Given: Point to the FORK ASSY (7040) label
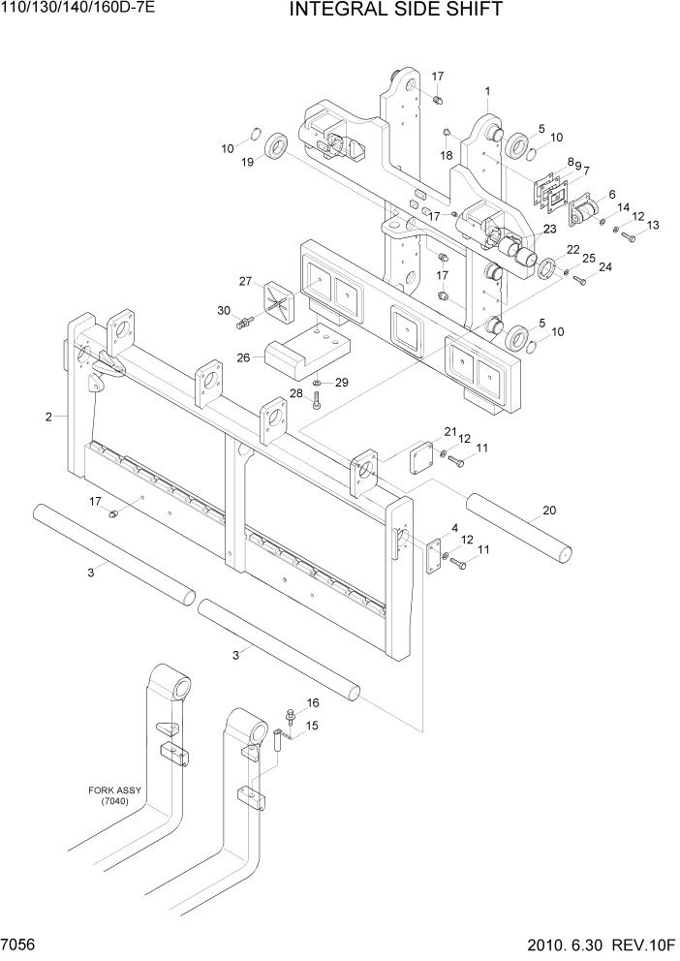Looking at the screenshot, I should pos(114,795).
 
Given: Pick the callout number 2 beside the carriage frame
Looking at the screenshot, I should pos(48,418).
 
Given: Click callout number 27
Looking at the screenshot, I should pos(245,281).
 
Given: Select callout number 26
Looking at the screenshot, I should pos(244,357).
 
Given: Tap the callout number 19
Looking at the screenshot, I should pos(248,164).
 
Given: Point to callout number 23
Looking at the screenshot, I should pos(549,230).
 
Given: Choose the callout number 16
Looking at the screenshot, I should pos(313,702).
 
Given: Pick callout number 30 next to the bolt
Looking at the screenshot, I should pos(224,310).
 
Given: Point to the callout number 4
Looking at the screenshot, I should pos(453,528).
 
